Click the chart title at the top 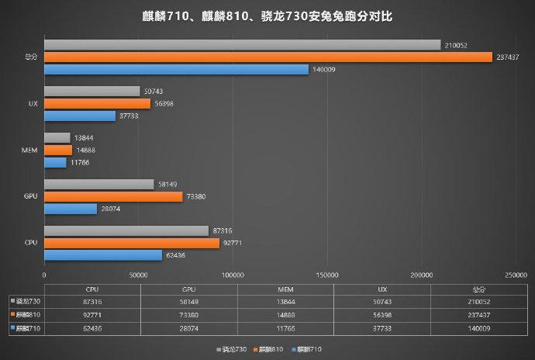point(267,16)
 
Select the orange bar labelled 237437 point(268,57)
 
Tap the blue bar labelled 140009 point(176,69)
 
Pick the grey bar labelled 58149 point(98,185)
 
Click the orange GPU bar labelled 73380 point(113,196)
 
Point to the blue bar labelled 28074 point(71,209)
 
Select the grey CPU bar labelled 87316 point(126,230)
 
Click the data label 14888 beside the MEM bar point(84,150)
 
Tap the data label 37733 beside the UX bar point(127,116)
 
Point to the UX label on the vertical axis point(33,103)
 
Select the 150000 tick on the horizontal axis point(328,275)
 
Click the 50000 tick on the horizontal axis point(139,275)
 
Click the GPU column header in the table point(188,288)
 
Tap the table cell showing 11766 point(285,328)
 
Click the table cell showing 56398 point(381,315)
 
